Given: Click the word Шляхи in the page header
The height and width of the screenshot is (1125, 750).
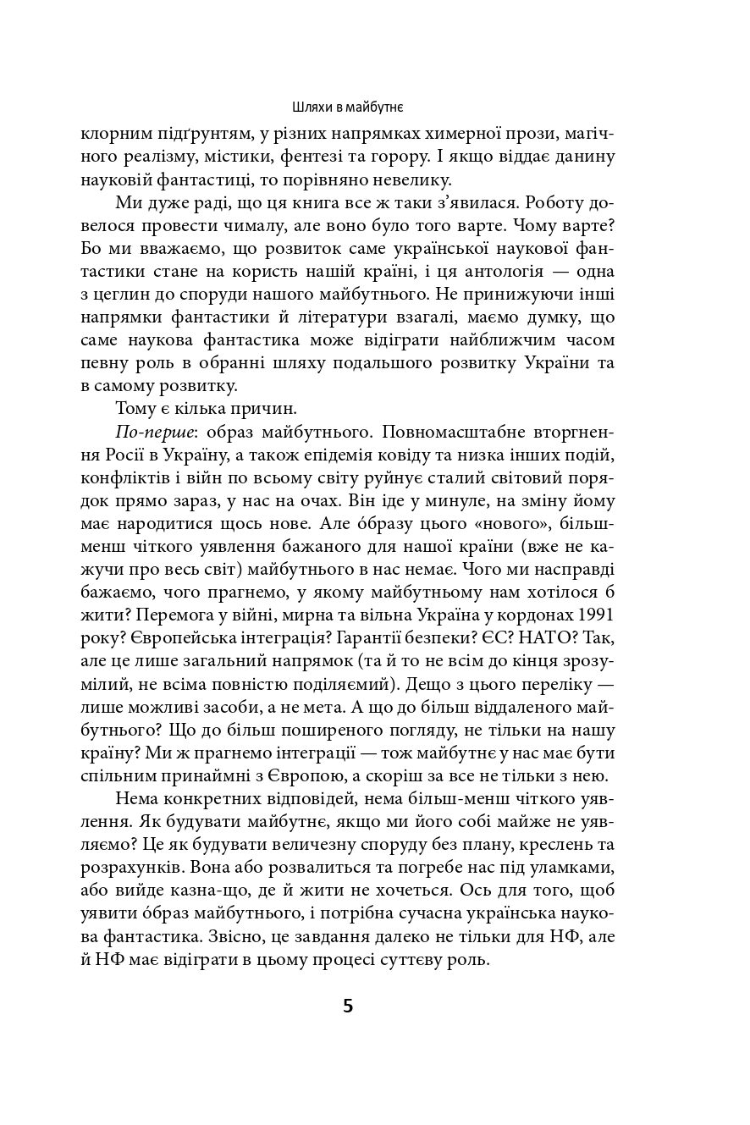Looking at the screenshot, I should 309,108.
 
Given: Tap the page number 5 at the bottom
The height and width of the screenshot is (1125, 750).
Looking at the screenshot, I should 348,1006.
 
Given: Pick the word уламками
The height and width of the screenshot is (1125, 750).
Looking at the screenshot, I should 575,868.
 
